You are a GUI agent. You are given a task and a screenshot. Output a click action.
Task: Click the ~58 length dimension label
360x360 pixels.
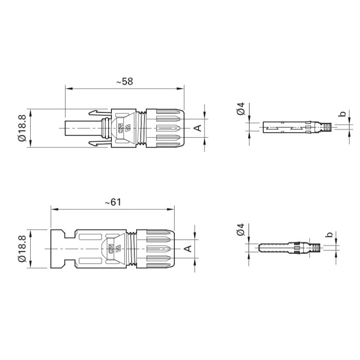(x=125, y=82)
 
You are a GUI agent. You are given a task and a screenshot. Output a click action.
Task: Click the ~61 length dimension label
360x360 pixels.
(x=113, y=202)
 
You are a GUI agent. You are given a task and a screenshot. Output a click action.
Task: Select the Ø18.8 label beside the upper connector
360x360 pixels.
(x=22, y=128)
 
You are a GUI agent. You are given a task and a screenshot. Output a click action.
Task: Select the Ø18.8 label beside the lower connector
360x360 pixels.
(x=22, y=249)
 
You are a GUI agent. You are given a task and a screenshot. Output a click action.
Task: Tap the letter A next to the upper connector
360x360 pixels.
(x=198, y=128)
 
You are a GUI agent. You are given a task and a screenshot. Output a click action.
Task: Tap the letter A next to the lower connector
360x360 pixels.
(x=188, y=249)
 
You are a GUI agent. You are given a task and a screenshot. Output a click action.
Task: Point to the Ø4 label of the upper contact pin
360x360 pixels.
(x=241, y=109)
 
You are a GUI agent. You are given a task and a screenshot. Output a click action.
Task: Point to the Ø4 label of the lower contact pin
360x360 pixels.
(x=240, y=229)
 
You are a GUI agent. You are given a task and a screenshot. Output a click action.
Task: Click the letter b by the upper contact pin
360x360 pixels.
(x=342, y=114)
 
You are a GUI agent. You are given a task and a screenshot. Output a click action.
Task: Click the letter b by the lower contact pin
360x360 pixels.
(x=329, y=234)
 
